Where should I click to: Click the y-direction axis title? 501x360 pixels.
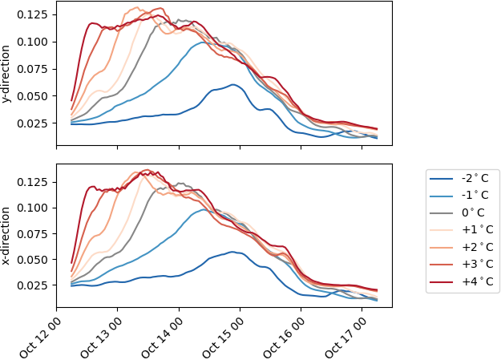click(7, 74)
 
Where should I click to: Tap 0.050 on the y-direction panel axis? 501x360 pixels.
click(34, 96)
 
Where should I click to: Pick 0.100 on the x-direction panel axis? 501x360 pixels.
click(34, 208)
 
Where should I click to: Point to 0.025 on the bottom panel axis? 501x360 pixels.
click(34, 285)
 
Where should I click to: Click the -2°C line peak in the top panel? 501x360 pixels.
click(233, 84)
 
